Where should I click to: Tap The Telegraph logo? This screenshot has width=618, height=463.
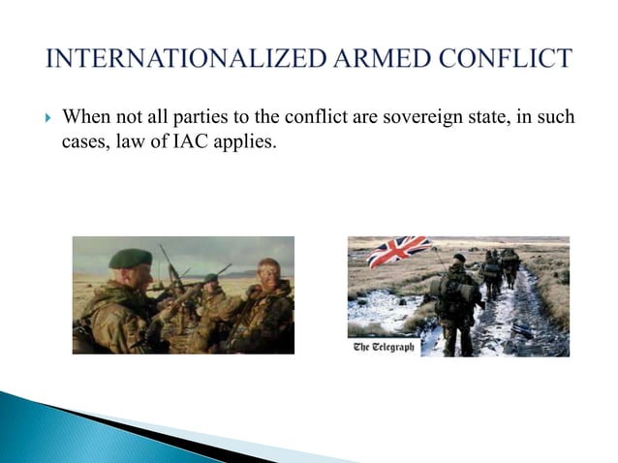coord(385,346)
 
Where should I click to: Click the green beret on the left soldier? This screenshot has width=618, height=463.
coord(130,258)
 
